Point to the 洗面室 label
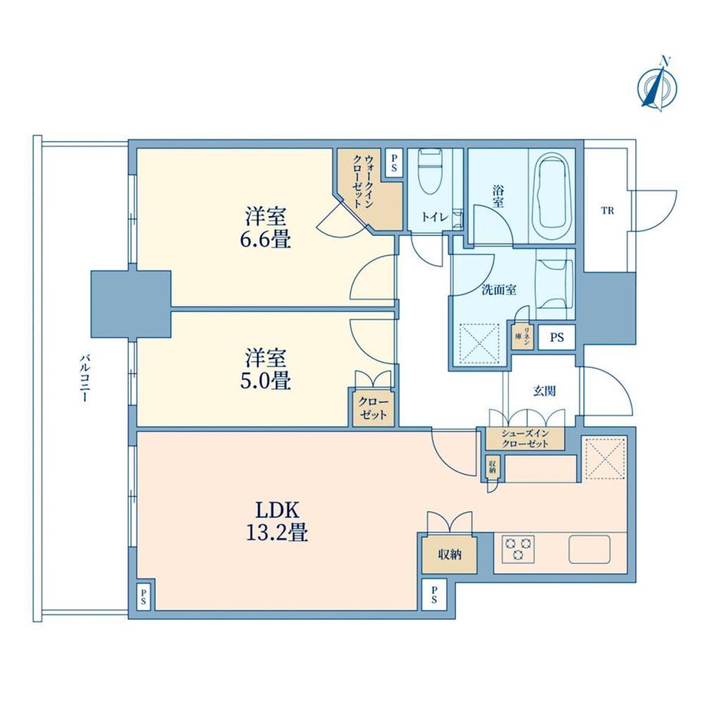click(498, 290)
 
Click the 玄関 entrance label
click(544, 391)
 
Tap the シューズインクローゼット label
click(524, 438)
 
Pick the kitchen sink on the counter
click(589, 549)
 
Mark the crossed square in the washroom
click(478, 340)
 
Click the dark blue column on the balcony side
click(130, 302)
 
